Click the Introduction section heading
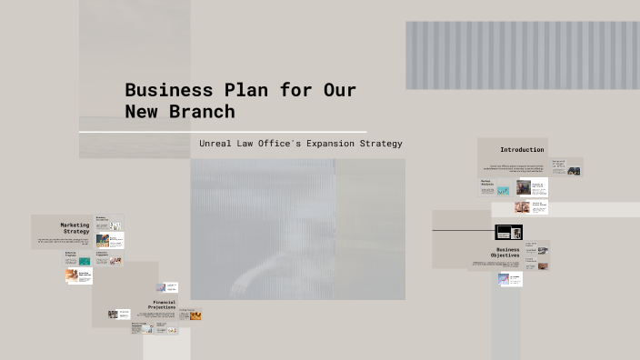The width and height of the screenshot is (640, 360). (x=522, y=149)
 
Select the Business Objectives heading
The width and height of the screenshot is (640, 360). (x=507, y=253)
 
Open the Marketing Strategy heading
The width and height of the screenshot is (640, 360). (x=75, y=228)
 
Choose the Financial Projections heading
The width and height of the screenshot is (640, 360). (x=164, y=305)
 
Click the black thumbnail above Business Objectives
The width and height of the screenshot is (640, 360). (x=508, y=232)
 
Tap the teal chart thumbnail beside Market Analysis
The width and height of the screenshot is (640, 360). (x=503, y=191)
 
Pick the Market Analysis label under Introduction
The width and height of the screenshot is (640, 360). (x=486, y=183)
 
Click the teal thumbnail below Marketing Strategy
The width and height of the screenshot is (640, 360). (x=85, y=261)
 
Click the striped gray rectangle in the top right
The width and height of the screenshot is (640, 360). (x=522, y=55)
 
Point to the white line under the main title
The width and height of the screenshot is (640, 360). (x=223, y=132)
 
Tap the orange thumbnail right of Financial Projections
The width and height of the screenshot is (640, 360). (x=195, y=315)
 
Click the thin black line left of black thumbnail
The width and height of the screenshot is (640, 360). (x=463, y=231)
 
